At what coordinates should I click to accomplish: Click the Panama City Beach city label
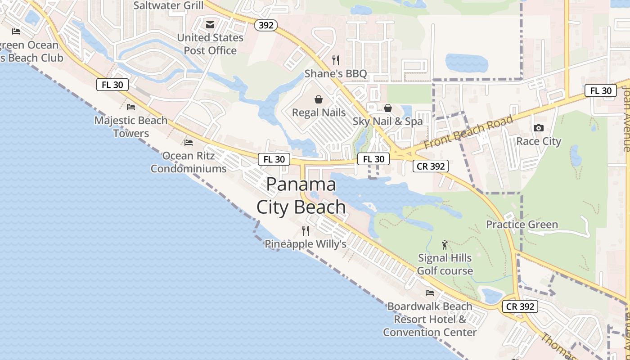(301, 196)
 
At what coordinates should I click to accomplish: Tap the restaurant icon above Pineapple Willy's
(306, 231)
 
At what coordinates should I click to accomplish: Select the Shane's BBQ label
(336, 73)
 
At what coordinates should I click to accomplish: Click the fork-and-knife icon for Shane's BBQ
(336, 60)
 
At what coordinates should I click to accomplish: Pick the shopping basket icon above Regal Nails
(319, 99)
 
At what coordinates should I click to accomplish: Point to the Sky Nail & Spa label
(387, 121)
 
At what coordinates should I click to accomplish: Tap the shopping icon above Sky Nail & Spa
(387, 108)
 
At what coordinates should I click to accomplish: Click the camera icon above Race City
(538, 128)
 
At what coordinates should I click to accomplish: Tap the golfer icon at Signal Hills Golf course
(445, 245)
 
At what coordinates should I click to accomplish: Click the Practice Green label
(522, 224)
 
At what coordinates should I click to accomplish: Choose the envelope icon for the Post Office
(210, 24)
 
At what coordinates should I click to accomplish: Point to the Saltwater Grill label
(168, 5)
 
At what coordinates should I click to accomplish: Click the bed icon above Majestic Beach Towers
(131, 107)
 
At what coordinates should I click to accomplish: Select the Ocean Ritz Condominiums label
(188, 162)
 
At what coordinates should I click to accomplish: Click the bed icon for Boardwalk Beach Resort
(430, 293)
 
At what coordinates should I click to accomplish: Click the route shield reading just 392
(266, 25)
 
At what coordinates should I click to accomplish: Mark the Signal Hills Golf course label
(445, 264)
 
